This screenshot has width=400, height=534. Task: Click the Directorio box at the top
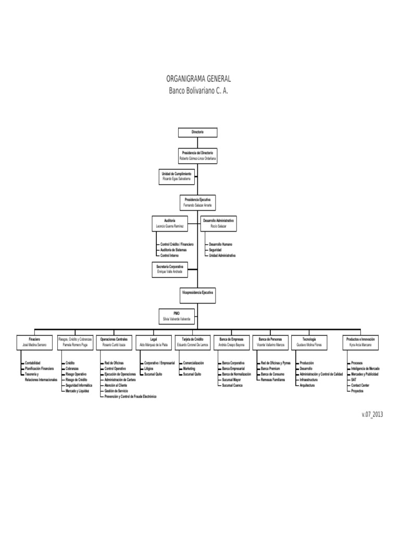(197, 132)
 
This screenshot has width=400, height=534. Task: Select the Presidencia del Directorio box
(197, 155)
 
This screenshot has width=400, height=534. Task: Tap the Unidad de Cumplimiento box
(177, 176)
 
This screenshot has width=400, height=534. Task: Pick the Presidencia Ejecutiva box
(197, 202)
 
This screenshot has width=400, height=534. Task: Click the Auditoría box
(169, 223)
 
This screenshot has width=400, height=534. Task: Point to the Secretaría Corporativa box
(169, 269)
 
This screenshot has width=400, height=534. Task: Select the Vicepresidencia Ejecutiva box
(197, 293)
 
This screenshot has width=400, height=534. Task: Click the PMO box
(176, 315)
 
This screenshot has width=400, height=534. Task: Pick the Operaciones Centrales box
(114, 342)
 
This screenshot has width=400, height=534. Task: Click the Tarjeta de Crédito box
(192, 342)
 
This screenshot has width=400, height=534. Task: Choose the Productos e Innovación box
(360, 342)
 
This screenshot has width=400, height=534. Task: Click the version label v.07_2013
(372, 414)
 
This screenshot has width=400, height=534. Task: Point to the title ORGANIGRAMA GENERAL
(198, 79)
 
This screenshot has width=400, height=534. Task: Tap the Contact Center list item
(360, 386)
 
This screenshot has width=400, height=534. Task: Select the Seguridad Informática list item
(79, 386)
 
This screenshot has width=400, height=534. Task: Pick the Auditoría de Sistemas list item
(174, 250)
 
